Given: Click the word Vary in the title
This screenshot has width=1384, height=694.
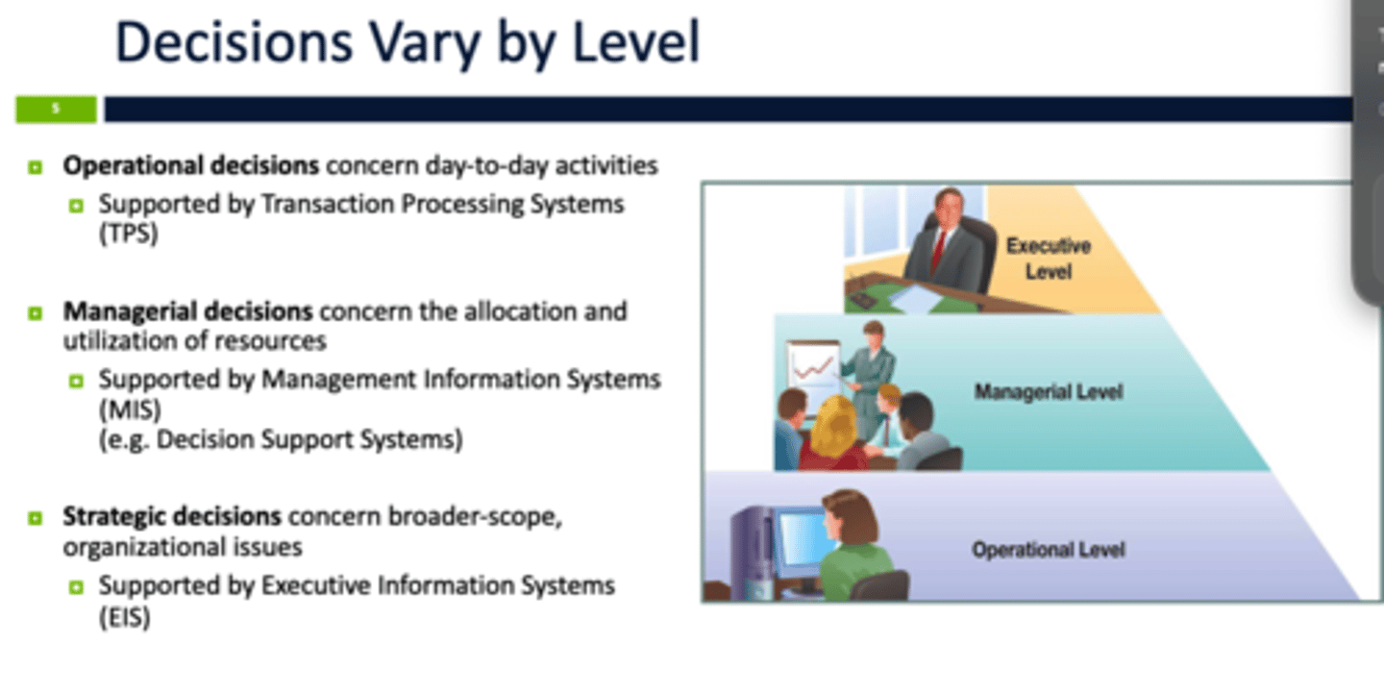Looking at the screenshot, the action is pyautogui.click(x=425, y=43).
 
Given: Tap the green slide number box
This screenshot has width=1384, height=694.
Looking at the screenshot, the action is pyautogui.click(x=56, y=110).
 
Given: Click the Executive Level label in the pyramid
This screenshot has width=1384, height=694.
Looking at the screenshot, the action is pyautogui.click(x=1049, y=259).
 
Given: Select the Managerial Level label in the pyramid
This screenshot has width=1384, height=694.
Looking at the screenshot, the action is pyautogui.click(x=1049, y=392).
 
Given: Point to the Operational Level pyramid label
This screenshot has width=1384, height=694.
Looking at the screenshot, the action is pyautogui.click(x=1049, y=550).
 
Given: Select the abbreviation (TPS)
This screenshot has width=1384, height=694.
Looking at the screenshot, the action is pyautogui.click(x=129, y=234).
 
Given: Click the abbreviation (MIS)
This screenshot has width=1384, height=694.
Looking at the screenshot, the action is pyautogui.click(x=130, y=409).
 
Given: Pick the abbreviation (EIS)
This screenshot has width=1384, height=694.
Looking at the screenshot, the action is pyautogui.click(x=125, y=617).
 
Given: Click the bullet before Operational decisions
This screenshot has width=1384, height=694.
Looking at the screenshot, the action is pyautogui.click(x=36, y=167).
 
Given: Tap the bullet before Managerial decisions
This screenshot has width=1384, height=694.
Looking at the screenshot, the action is pyautogui.click(x=36, y=313).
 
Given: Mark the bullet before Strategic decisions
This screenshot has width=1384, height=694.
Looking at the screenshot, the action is pyautogui.click(x=36, y=518).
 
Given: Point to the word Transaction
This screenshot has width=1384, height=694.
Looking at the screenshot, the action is pyautogui.click(x=327, y=204).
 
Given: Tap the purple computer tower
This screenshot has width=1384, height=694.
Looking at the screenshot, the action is pyautogui.click(x=752, y=552).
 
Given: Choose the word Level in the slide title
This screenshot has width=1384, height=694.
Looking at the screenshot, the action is pyautogui.click(x=636, y=42).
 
